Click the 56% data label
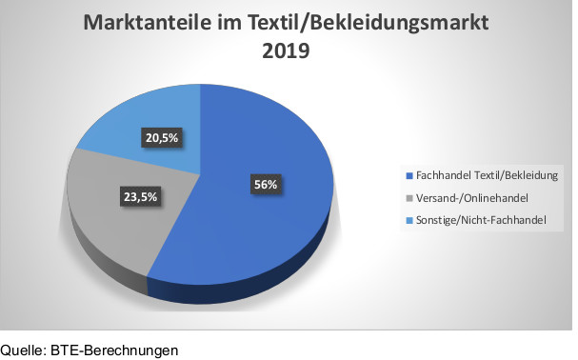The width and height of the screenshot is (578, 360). click(x=265, y=184)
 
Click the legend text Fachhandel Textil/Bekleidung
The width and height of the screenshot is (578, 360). click(x=488, y=175)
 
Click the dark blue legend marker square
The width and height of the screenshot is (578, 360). click(x=409, y=176)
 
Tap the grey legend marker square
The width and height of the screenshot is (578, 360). click(x=409, y=198)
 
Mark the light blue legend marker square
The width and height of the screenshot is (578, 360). click(x=409, y=220)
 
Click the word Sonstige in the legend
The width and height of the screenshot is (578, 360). click(x=438, y=219)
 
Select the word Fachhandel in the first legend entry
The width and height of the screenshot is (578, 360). click(x=445, y=175)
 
